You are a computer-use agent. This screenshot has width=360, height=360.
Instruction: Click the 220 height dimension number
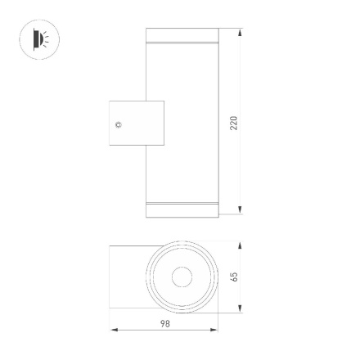pos(234,123)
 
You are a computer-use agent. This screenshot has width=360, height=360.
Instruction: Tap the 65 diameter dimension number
pos(234,277)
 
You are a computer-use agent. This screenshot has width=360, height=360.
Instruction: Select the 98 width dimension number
pos(164,324)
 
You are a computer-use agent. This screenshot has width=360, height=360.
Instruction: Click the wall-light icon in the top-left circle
pos(39,38)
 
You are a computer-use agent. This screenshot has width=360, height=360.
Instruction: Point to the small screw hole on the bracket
pos(119,124)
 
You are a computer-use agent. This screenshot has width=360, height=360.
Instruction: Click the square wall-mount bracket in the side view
pos(136,124)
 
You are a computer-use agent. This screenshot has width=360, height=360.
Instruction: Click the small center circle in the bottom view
pos(182,277)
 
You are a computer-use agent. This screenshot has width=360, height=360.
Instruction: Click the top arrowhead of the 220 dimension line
pos(241,34)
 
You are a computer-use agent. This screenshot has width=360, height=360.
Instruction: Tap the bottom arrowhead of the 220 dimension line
pos(241,211)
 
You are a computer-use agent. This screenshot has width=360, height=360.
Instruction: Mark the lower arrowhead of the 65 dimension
pos(241,308)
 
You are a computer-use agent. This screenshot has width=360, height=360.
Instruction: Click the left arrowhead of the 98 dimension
pos(114,331)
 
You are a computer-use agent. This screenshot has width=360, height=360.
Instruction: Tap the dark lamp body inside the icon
pos(36,38)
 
